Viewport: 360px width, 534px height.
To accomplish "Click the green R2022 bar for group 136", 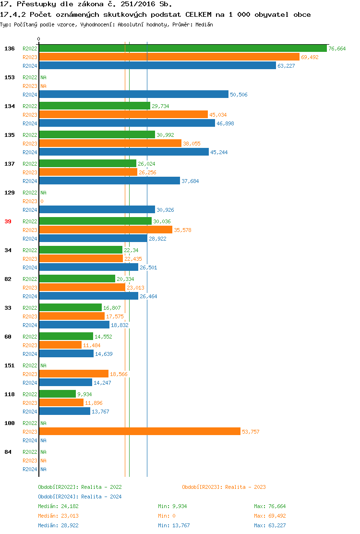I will coord(182,49).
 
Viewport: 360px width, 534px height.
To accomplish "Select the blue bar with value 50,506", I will coord(133,95).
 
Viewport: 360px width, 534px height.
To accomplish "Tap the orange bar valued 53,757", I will coord(139,432).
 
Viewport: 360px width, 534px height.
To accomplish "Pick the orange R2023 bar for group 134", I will coord(123,115).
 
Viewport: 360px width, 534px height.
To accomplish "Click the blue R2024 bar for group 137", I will coord(109,181).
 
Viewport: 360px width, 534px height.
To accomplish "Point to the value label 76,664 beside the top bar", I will coord(337,49).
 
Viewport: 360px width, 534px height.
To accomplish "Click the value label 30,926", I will coord(165,210).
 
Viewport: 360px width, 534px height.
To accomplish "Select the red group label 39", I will coord(8,221).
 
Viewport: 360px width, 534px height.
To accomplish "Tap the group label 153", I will coord(10,77).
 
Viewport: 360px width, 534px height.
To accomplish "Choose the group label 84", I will coord(8,452).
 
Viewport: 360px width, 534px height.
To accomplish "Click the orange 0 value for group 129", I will coord(42,201).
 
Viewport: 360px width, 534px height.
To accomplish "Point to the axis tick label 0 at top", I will coord(39,39).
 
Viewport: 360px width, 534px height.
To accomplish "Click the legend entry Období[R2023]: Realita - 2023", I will coord(224,487).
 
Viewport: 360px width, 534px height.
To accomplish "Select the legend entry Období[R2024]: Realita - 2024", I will coord(80,497).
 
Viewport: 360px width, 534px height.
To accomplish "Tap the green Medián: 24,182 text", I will coord(58,506).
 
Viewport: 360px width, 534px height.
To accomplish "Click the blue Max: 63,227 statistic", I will coord(270,525).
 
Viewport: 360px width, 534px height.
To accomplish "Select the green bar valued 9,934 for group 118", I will coord(57,394).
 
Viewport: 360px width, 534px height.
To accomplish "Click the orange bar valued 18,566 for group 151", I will coord(73,374).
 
